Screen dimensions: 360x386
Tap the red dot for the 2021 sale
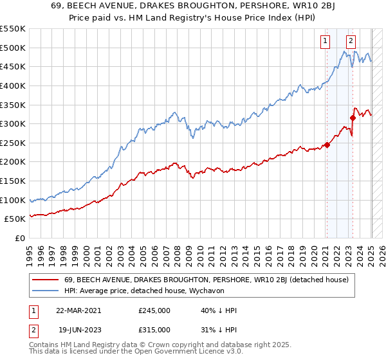[x=327, y=145]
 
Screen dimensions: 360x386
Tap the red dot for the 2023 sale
[x=353, y=118]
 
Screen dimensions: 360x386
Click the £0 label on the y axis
[x=21, y=239]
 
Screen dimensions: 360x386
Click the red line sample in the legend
[x=46, y=280]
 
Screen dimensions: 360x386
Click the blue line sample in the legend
[x=46, y=291]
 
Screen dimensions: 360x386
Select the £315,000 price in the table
[x=154, y=330]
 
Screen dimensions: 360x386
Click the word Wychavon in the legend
[x=207, y=291]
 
